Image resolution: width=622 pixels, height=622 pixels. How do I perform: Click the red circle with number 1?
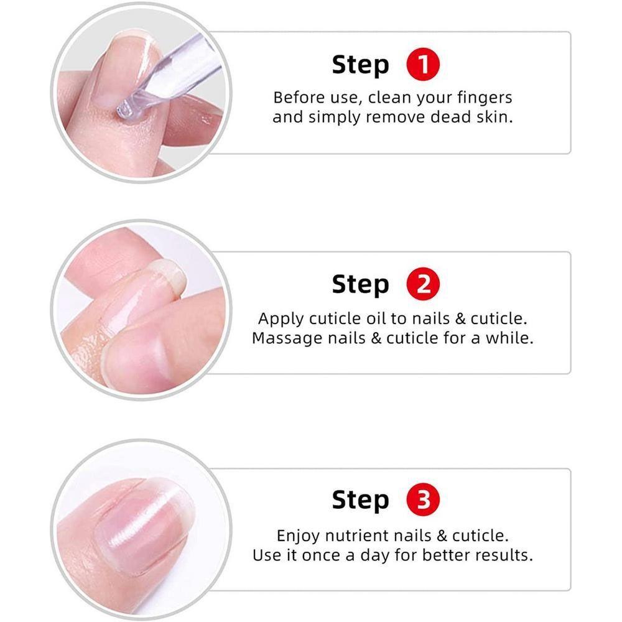click(x=423, y=65)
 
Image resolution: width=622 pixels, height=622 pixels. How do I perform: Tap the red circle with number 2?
click(x=423, y=284)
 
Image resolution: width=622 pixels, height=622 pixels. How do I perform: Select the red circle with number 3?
click(x=423, y=500)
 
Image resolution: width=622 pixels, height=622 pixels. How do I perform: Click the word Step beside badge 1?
click(x=360, y=65)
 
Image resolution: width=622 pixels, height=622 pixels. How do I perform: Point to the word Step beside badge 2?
click(x=360, y=285)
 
